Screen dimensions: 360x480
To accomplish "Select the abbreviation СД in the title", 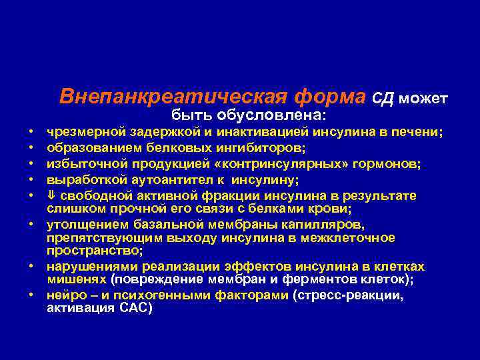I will coord(383,99).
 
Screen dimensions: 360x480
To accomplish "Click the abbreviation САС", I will coord(137,308).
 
